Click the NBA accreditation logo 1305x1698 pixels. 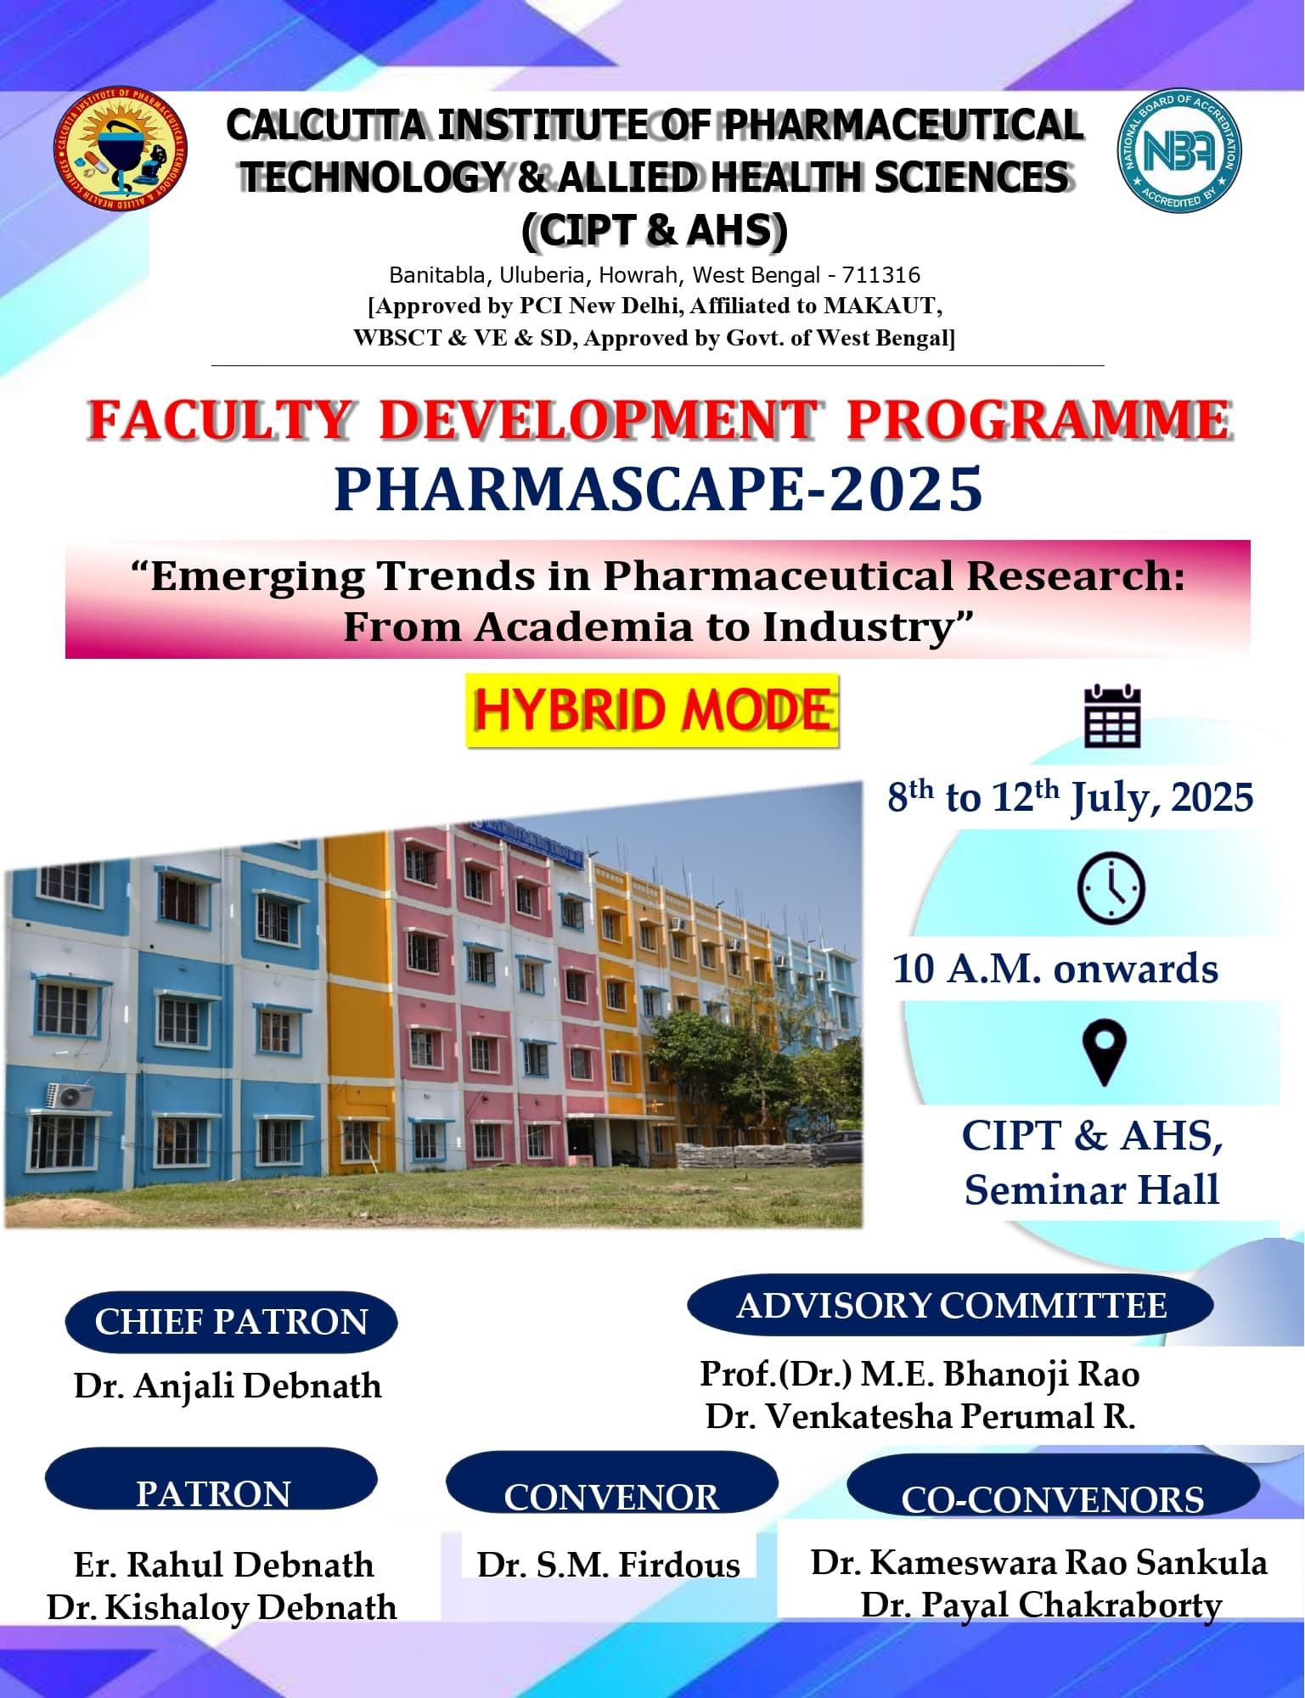click(1178, 151)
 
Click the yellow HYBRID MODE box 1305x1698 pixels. click(652, 711)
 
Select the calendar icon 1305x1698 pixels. click(1112, 717)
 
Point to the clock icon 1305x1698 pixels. click(1111, 888)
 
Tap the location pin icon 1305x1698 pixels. click(1105, 1052)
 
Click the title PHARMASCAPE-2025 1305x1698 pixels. click(658, 490)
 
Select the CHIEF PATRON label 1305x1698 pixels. click(231, 1322)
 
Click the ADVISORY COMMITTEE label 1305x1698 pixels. click(951, 1306)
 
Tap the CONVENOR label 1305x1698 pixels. click(611, 1498)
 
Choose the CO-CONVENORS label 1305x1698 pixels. click(1052, 1499)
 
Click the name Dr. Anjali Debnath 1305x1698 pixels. click(228, 1386)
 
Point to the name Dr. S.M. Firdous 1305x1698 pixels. click(608, 1565)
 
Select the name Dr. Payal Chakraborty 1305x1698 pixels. click(1041, 1605)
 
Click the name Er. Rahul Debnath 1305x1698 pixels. click(224, 1565)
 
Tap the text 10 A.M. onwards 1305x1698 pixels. click(1055, 969)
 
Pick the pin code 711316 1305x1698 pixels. click(880, 275)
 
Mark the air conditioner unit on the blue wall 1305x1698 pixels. click(70, 1094)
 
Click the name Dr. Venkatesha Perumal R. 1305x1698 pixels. click(920, 1417)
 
